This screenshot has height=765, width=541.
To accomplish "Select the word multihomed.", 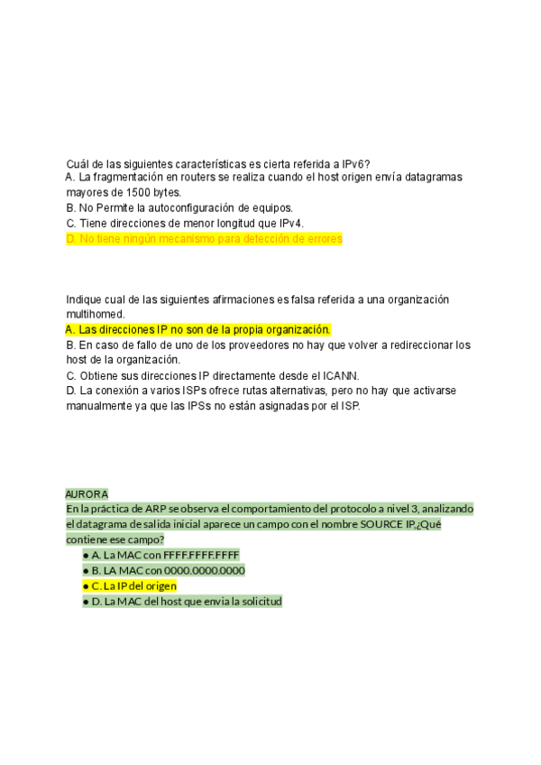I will [x=96, y=314].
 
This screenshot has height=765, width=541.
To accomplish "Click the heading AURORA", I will [x=87, y=494].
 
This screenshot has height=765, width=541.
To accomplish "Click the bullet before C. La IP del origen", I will [x=86, y=585].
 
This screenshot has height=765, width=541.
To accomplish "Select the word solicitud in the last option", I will [x=259, y=601].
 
